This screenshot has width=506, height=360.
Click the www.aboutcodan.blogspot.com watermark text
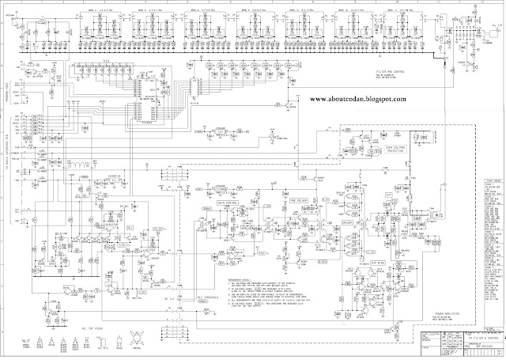[353, 99]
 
